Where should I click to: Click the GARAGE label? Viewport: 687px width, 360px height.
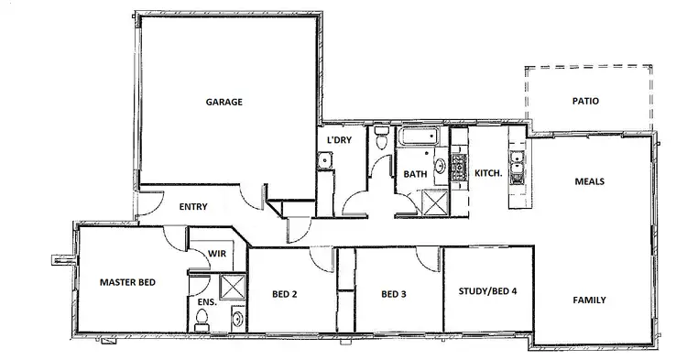pos(224,102)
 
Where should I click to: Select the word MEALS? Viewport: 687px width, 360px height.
pos(588,181)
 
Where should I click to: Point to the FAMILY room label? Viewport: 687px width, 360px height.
pos(587,300)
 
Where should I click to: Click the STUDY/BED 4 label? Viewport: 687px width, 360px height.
pos(487,291)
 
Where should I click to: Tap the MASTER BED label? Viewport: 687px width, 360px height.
pos(126,283)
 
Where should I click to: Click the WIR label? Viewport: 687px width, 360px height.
pos(216,254)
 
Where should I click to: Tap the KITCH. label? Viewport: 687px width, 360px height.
pos(485,173)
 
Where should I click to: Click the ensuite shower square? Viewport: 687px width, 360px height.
pos(233,289)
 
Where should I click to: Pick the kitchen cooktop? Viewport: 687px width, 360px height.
pos(458,167)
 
